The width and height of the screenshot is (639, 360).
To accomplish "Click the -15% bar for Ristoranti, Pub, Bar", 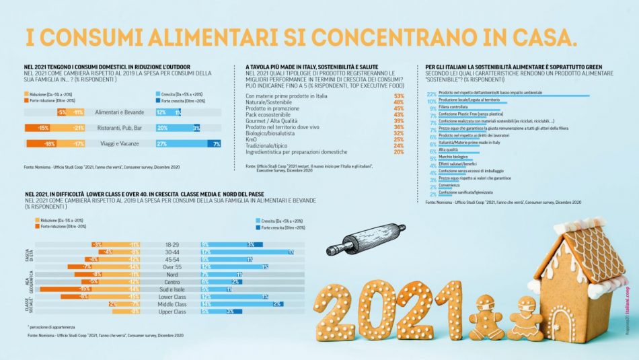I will tap(40, 128).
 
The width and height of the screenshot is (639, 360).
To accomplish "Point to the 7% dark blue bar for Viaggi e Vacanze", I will tap(215, 143).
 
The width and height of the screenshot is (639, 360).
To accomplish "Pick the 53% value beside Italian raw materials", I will tap(399, 96).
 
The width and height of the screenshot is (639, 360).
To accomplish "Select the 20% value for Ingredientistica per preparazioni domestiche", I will tap(399, 152).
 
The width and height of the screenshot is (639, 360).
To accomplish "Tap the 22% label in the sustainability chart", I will tap(432, 94).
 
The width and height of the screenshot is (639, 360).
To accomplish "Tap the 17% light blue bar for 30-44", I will tap(242, 252).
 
